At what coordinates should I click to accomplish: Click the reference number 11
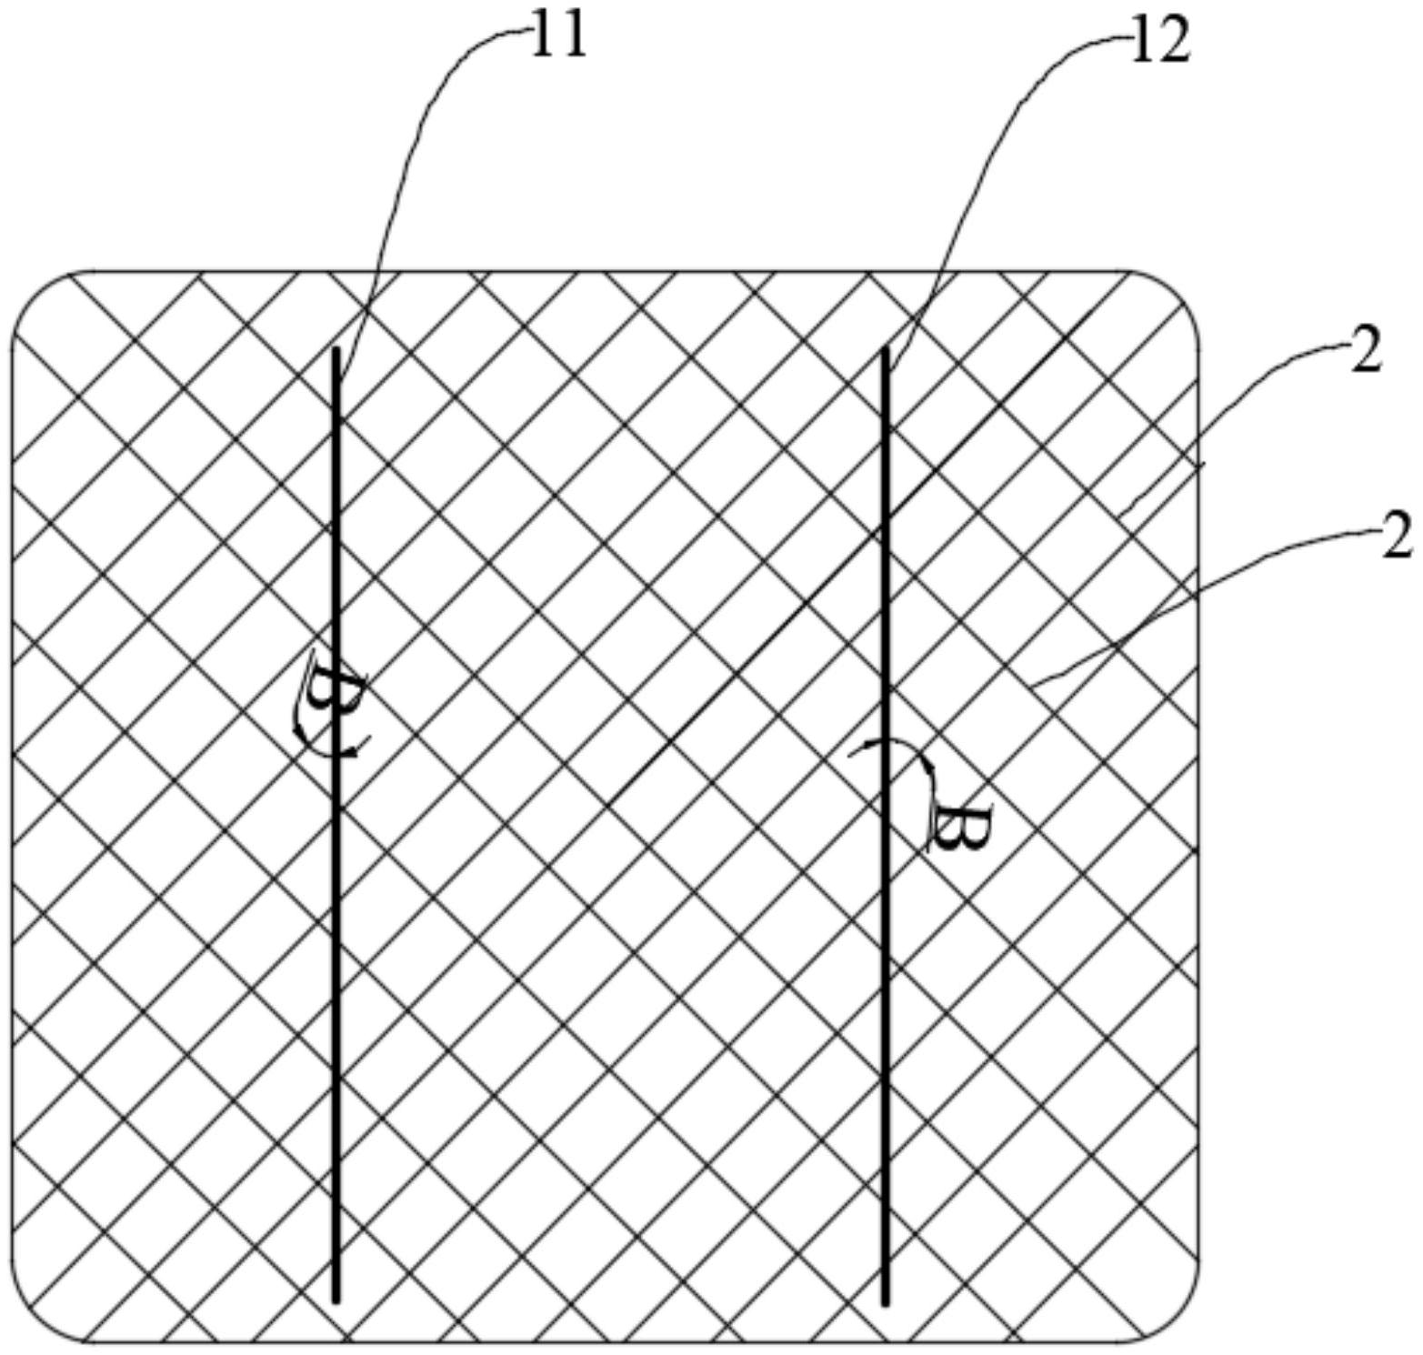tap(558, 38)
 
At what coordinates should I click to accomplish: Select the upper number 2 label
tap(1366, 351)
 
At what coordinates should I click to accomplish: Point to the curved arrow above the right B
tap(896, 750)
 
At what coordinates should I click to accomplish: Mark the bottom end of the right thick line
tap(885, 1302)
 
